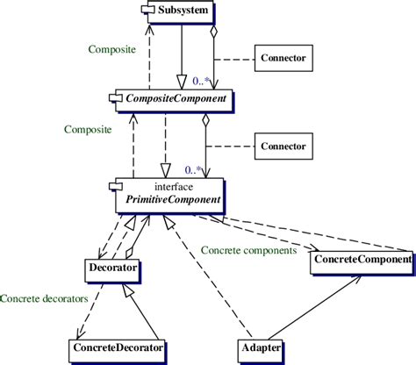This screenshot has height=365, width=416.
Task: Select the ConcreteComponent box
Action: pyautogui.click(x=361, y=260)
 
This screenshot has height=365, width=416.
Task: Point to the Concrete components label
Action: pyautogui.click(x=248, y=250)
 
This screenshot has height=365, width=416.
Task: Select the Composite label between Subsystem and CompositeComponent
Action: pyautogui.click(x=111, y=51)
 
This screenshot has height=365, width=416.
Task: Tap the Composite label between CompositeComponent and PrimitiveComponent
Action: pyautogui.click(x=88, y=129)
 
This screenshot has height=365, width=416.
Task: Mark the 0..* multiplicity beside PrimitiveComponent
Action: pyautogui.click(x=196, y=168)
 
